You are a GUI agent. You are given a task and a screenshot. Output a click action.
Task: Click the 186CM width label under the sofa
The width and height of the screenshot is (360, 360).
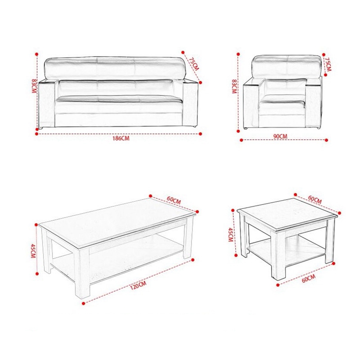[121, 138]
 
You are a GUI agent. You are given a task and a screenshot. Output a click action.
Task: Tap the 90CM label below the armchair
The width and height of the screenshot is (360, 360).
[280, 136]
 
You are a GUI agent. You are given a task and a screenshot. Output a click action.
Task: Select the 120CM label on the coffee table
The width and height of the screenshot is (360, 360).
[138, 286]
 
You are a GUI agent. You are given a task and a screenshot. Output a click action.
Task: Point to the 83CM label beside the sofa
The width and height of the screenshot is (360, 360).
[34, 86]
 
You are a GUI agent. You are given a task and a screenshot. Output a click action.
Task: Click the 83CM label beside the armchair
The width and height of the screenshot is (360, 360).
[234, 86]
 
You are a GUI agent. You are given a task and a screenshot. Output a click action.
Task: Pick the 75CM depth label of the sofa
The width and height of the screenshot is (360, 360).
[194, 63]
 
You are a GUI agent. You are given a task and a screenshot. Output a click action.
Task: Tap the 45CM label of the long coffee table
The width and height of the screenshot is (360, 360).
[33, 251]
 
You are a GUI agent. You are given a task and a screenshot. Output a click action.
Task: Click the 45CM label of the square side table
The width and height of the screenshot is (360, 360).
[231, 235]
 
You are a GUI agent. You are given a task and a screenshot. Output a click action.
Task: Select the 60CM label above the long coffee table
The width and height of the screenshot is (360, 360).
[174, 200]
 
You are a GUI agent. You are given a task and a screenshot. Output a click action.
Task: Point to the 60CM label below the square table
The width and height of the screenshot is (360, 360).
[309, 278]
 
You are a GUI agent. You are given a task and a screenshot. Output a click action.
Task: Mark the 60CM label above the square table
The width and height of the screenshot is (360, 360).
[314, 199]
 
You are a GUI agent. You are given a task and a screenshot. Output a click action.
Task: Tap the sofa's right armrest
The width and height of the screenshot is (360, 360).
[191, 103]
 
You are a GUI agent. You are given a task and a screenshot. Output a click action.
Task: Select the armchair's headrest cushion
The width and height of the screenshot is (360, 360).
[287, 67]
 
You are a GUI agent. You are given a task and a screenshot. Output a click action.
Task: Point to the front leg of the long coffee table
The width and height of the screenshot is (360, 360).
[83, 273]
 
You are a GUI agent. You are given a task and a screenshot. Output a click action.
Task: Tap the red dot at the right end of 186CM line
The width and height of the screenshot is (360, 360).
[200, 133]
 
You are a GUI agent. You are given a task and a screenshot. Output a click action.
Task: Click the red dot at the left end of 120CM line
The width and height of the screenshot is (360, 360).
[84, 303]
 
